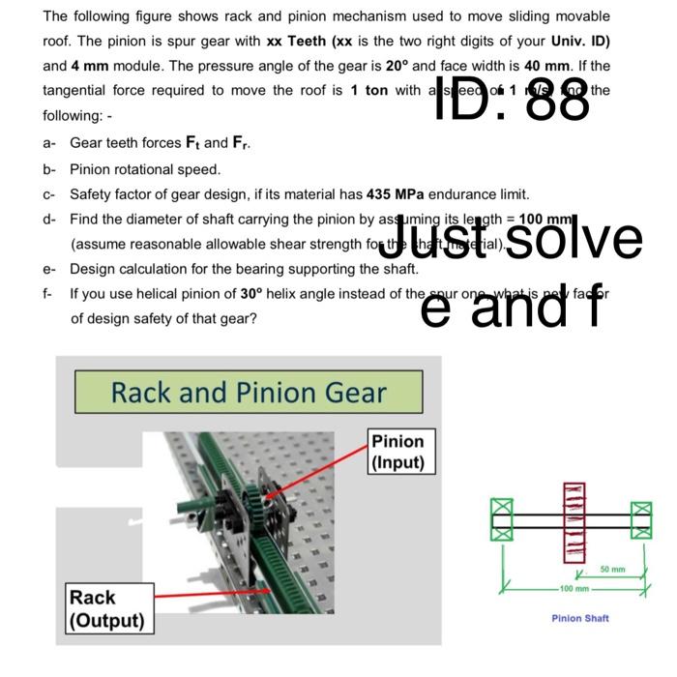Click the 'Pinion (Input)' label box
pyautogui.click(x=398, y=451)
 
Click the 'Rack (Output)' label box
pyautogui.click(x=105, y=608)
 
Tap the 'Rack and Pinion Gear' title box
pyautogui.click(x=249, y=392)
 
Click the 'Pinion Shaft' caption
pyautogui.click(x=580, y=617)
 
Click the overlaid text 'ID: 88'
pyautogui.click(x=514, y=98)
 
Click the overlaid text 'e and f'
pyautogui.click(x=514, y=304)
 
